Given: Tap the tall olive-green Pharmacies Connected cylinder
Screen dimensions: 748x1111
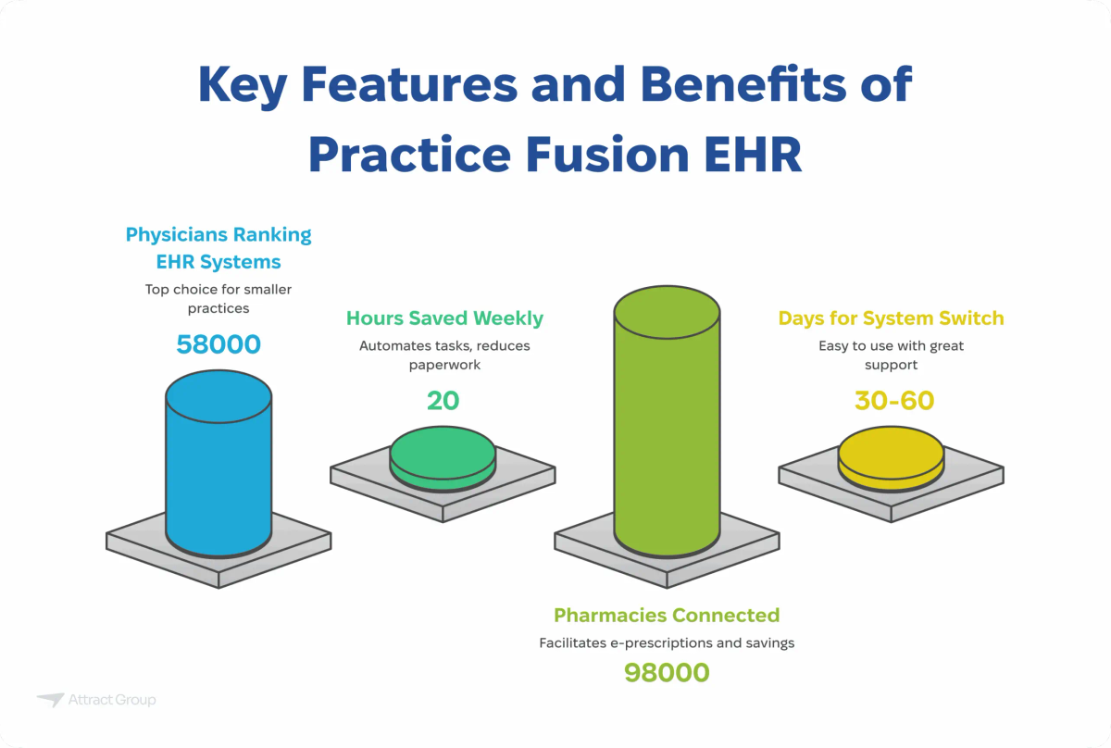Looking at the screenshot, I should coord(667,426).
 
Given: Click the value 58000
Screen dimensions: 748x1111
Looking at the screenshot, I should coord(218,344).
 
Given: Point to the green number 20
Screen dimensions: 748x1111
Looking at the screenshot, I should coord(443,399).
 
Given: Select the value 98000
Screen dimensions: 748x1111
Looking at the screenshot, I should coord(667,672).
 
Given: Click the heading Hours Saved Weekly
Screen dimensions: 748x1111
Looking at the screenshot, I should coord(444,318).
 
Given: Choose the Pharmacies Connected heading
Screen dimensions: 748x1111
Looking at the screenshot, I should coord(667,615).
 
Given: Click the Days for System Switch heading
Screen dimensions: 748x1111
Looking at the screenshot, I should coord(891,318).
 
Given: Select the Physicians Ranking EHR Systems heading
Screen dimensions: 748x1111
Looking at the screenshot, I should coord(218,247).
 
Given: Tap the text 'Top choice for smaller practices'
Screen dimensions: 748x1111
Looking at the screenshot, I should coord(218,298).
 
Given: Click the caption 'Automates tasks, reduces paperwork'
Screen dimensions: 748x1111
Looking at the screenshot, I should coord(444,355).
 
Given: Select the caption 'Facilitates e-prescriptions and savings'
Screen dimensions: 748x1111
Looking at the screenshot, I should coord(667,642).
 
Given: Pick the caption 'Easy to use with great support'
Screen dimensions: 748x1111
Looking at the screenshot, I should coord(891,355).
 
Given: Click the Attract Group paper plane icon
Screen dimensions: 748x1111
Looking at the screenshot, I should coord(50,701).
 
